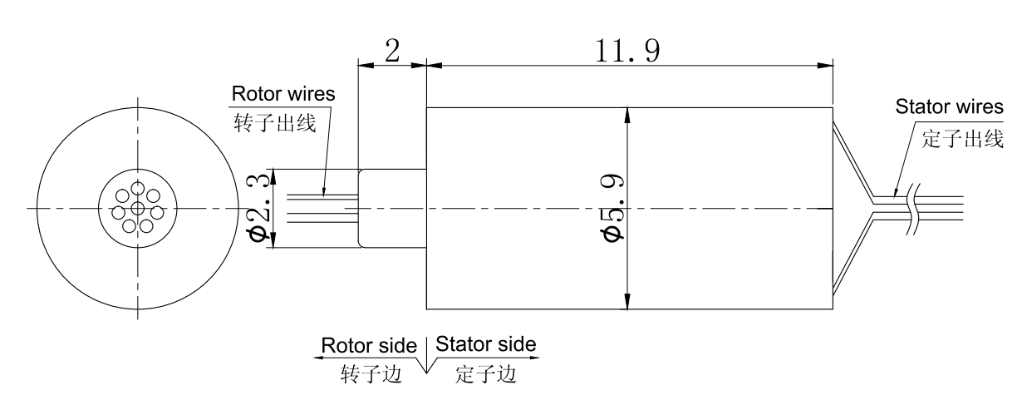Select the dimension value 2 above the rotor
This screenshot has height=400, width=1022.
391,52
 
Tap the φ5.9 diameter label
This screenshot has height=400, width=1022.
615,208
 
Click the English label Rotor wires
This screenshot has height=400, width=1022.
283,93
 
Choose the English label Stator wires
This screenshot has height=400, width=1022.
949,107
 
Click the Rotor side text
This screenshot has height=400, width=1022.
369,344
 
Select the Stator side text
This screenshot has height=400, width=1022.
486,343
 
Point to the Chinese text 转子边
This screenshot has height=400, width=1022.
371,373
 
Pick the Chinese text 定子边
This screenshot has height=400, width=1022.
485,373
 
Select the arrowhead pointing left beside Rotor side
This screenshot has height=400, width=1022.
317,358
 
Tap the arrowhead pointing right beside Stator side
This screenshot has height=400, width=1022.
535,358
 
